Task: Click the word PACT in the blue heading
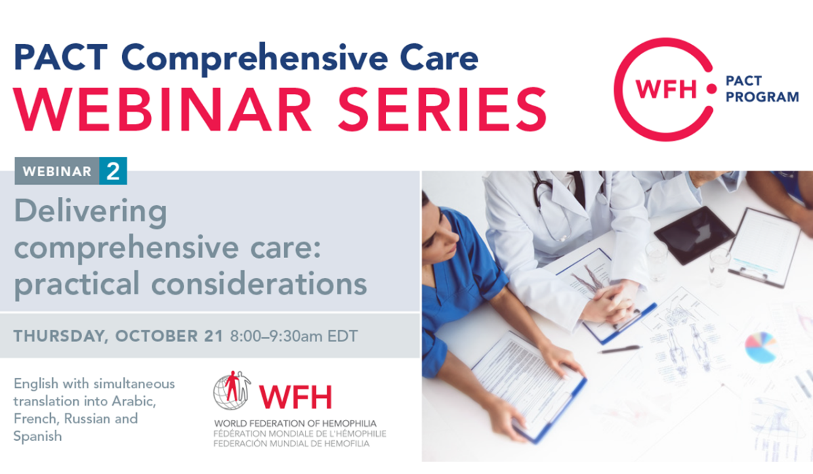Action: coord(60,57)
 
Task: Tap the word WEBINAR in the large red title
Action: coord(162,109)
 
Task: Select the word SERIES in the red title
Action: coord(442,109)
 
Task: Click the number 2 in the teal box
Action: coord(113,171)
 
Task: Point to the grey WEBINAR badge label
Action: coord(57,171)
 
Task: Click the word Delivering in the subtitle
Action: coord(90,213)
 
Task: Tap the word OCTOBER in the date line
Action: coord(157,336)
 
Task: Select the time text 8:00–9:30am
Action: coord(276,336)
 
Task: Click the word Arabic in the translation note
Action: coord(134,401)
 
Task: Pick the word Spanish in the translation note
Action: coord(38,436)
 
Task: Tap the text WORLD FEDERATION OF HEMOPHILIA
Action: coord(295,423)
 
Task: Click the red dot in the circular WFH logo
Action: coord(711,89)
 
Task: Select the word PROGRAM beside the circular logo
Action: coord(762,97)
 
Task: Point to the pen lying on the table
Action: coord(620,349)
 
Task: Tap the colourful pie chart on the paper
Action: coord(760,347)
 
